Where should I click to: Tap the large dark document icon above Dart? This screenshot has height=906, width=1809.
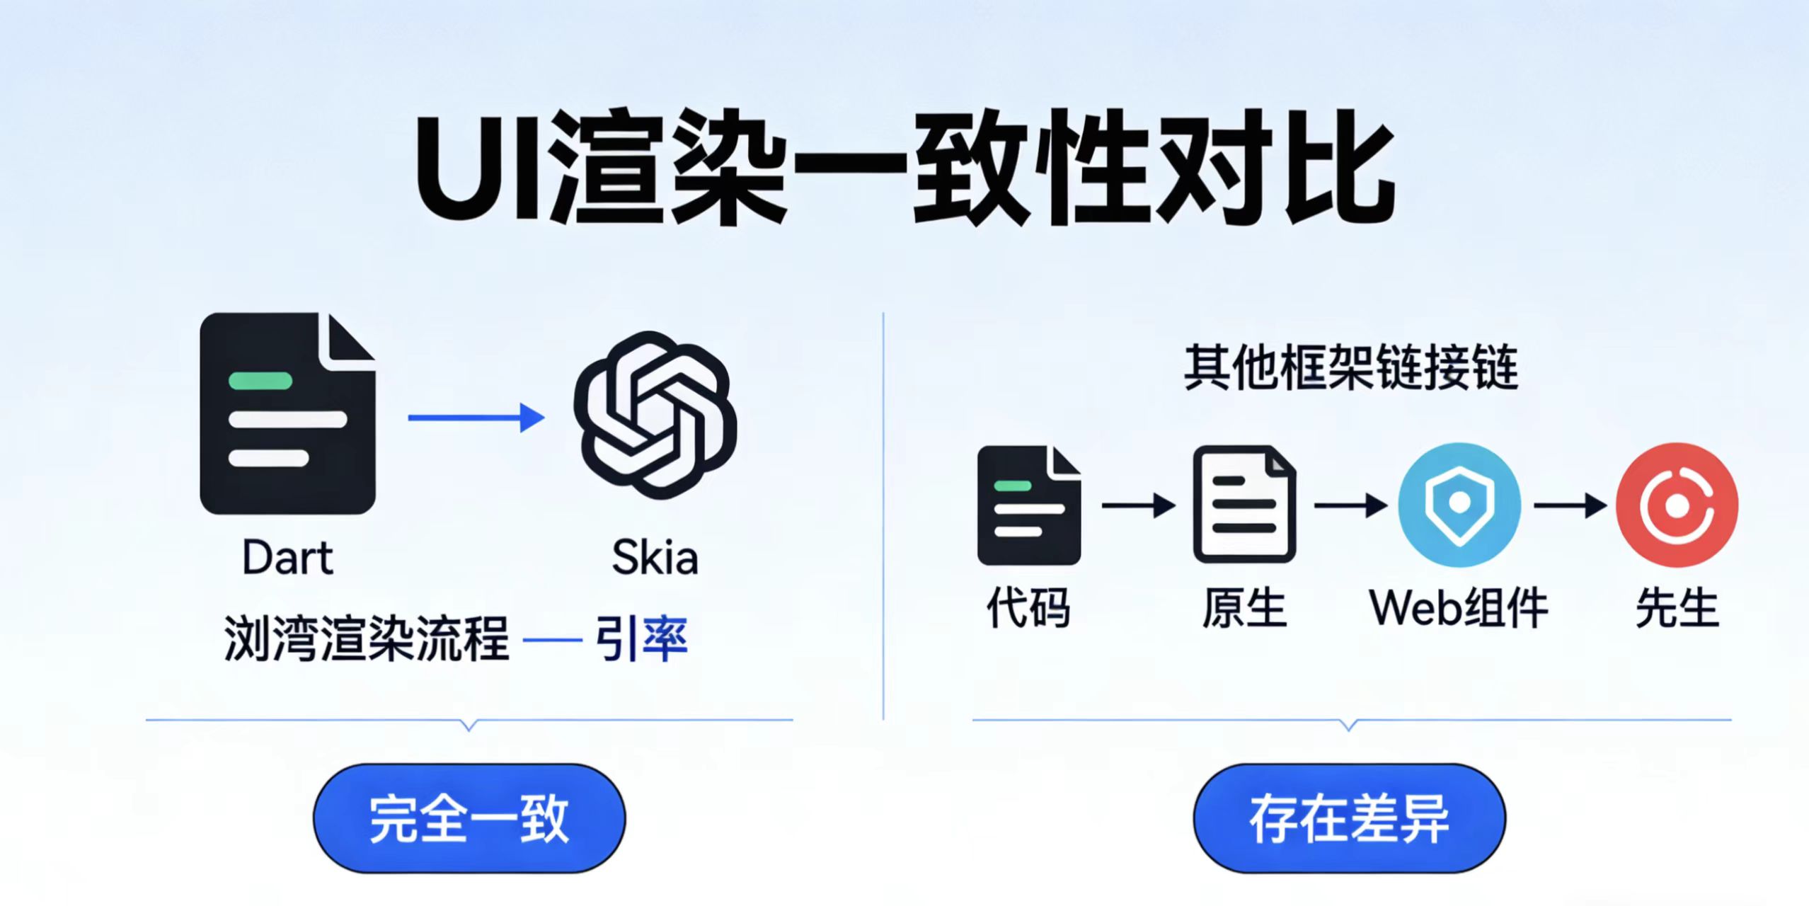[x=287, y=413]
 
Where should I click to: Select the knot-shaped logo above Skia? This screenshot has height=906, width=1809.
[x=655, y=415]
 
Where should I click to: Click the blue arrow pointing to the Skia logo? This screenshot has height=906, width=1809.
[x=476, y=418]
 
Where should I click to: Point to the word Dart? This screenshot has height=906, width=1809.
[x=287, y=558]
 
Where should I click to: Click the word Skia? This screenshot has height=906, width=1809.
[x=655, y=558]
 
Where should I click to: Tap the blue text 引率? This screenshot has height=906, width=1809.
[x=641, y=638]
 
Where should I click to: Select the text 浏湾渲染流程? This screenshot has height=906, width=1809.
[x=367, y=638]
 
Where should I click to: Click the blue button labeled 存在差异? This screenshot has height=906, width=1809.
[x=1349, y=818]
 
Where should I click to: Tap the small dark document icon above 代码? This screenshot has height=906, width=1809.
[x=1028, y=505]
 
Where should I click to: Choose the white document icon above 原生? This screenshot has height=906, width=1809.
[x=1244, y=504]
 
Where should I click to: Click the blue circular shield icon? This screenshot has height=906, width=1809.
[x=1459, y=504]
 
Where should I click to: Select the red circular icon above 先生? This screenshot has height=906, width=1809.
[x=1677, y=504]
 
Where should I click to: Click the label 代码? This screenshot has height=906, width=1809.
[x=1028, y=607]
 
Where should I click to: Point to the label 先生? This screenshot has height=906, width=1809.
[x=1677, y=607]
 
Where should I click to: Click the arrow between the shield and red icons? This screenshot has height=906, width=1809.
[x=1569, y=505]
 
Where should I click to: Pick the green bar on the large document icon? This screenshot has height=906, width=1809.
[x=260, y=381]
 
